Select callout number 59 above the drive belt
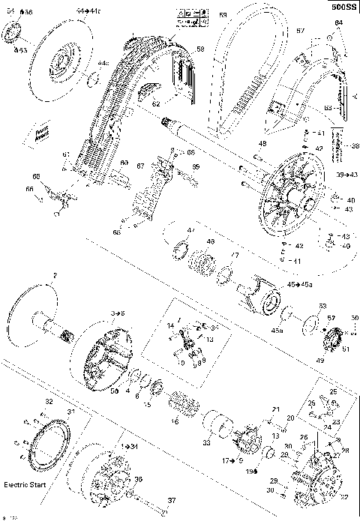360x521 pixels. [x=223, y=15]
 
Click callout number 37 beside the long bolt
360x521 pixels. [x=171, y=501]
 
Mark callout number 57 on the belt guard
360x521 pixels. [x=300, y=31]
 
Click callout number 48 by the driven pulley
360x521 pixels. [x=262, y=143]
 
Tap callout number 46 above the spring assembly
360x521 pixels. [x=210, y=242]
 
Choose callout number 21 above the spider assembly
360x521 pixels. [x=276, y=409]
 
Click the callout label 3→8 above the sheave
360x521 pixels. [x=118, y=310]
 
